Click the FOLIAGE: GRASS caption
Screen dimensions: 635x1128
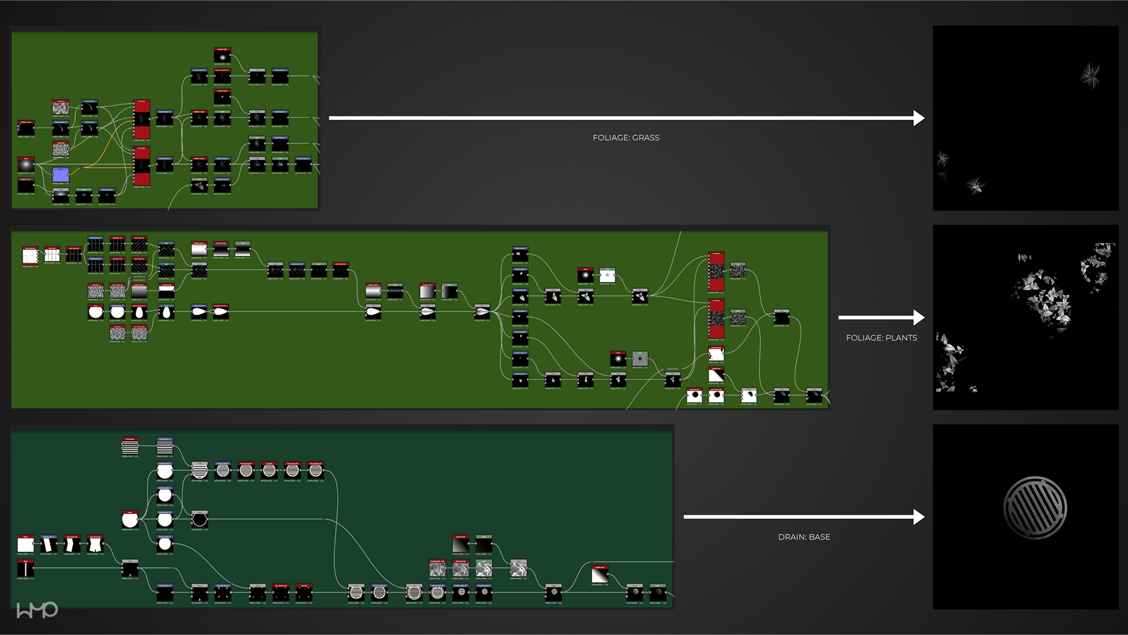(626, 137)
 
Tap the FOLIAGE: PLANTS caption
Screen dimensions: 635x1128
(881, 338)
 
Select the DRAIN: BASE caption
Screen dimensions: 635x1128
(804, 537)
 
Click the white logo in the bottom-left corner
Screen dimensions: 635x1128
(37, 610)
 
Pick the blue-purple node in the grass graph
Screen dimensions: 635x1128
(61, 174)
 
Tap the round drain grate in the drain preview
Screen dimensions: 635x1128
(1035, 508)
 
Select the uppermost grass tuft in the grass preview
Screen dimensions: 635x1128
(1090, 75)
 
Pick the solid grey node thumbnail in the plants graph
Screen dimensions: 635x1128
(640, 359)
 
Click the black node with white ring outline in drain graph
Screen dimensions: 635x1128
(200, 520)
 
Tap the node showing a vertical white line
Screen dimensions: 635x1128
(26, 569)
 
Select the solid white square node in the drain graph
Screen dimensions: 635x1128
(26, 544)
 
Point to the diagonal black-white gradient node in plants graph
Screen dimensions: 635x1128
(716, 375)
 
